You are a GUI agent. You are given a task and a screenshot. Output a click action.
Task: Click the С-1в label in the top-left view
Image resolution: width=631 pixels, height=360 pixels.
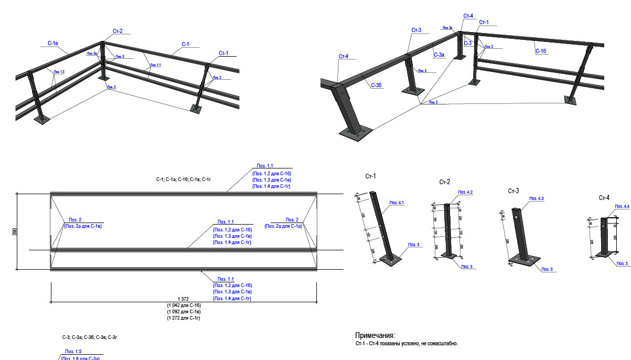52,43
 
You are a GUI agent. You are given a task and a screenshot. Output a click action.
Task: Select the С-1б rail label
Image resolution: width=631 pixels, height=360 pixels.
541,51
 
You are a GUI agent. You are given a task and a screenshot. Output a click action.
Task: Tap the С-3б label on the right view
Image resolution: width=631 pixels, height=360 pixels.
376,85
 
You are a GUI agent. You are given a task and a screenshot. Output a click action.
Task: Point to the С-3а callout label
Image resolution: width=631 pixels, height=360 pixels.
440,54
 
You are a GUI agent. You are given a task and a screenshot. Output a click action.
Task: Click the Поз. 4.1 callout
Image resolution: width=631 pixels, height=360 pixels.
397,202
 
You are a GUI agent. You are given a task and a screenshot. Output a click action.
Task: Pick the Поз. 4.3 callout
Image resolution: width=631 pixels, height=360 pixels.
537,198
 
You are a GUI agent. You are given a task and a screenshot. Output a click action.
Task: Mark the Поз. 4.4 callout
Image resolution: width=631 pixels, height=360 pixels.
623,206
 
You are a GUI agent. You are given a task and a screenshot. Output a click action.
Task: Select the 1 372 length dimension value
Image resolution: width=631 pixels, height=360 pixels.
183,298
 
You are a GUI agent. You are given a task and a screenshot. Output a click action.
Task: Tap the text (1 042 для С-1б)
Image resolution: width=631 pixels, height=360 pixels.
184,305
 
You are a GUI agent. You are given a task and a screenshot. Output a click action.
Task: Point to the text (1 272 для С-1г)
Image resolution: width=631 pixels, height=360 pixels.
184,318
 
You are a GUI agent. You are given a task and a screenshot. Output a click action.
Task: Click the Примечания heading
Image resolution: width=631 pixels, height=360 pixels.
375,335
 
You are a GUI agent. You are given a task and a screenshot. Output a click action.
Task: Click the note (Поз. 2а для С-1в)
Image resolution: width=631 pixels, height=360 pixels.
83,226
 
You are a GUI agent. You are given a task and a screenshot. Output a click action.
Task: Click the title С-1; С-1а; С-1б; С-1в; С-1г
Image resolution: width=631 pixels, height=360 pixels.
184,179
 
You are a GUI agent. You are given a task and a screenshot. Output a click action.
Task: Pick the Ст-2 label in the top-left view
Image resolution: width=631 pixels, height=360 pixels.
117,31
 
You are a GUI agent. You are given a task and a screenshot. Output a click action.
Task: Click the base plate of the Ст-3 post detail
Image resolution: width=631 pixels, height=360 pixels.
524,260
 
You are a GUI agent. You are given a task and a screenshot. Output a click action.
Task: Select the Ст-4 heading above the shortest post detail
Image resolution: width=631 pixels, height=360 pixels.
604,198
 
